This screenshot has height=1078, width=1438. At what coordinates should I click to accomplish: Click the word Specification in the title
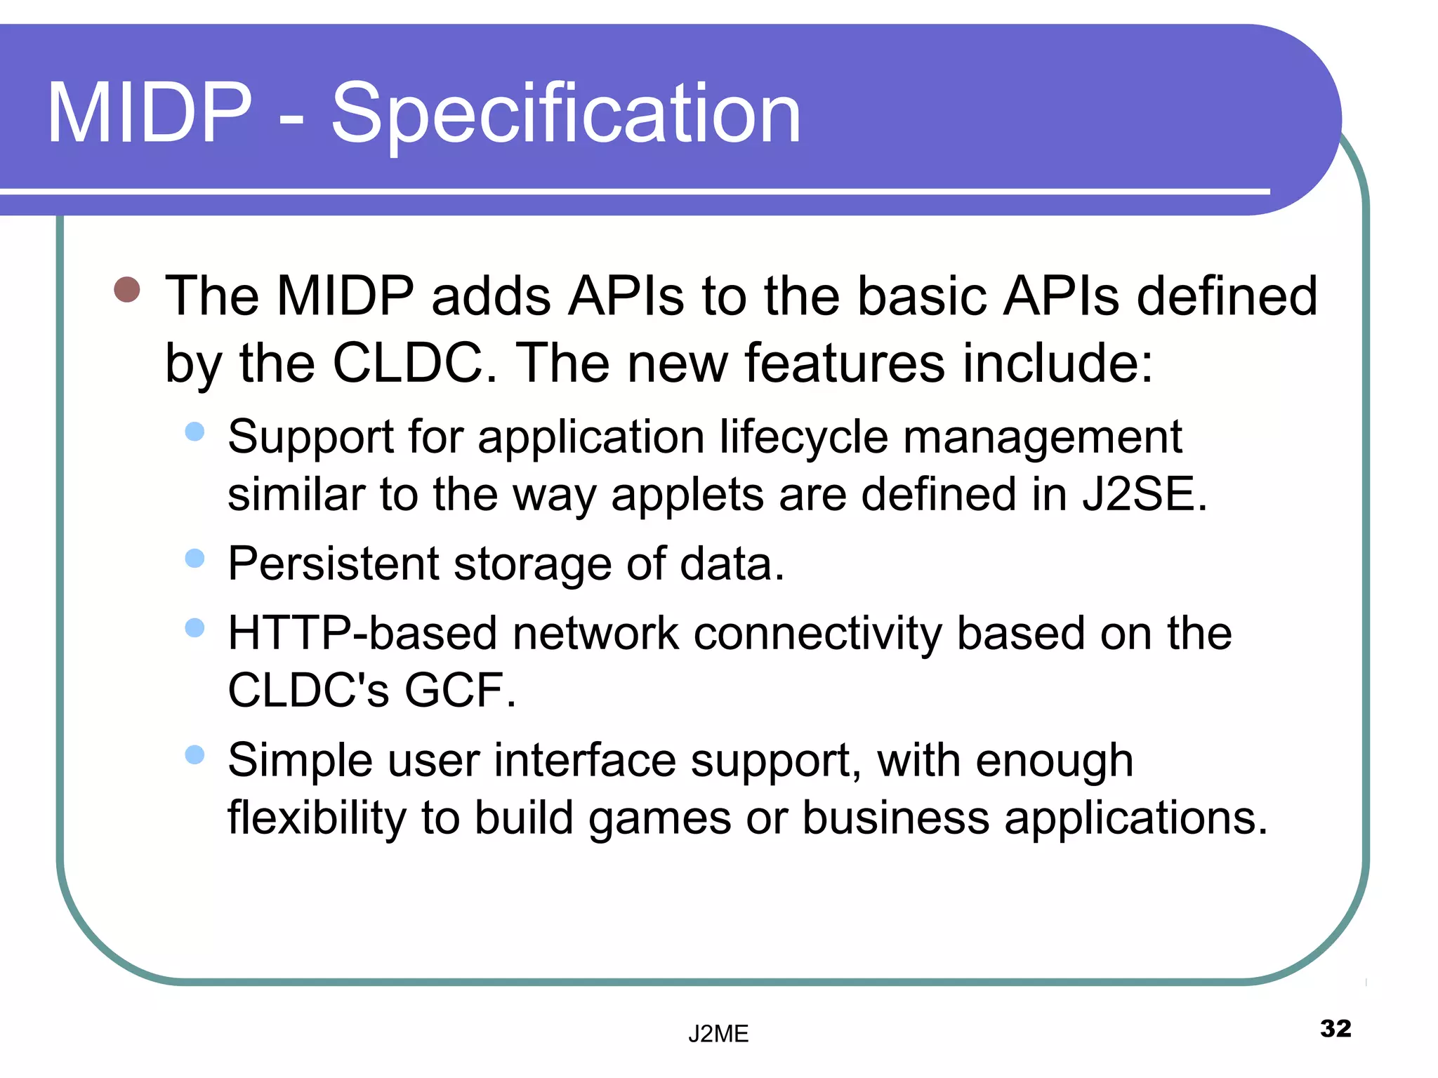tap(565, 114)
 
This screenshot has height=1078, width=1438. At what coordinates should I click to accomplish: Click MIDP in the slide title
tap(149, 114)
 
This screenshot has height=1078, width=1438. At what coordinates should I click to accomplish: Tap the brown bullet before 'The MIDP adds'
tap(127, 289)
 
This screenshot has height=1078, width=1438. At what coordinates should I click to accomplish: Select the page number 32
tap(1335, 1028)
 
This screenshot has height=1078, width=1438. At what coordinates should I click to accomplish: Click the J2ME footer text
tap(718, 1034)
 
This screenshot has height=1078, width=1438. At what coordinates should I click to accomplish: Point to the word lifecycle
tap(804, 437)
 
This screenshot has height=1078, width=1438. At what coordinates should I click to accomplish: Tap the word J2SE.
tap(1144, 494)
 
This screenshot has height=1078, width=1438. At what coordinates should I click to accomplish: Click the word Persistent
tap(334, 564)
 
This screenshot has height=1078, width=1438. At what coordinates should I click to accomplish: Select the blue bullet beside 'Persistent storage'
tap(194, 559)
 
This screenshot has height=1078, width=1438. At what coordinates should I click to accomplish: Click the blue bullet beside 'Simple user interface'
tap(194, 755)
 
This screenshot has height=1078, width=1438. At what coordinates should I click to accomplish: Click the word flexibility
tap(317, 818)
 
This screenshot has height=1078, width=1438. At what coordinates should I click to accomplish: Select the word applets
tap(687, 495)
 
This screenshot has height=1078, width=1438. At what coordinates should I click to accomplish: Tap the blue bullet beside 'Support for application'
tap(194, 432)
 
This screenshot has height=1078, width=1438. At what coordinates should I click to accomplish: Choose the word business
tap(895, 818)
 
